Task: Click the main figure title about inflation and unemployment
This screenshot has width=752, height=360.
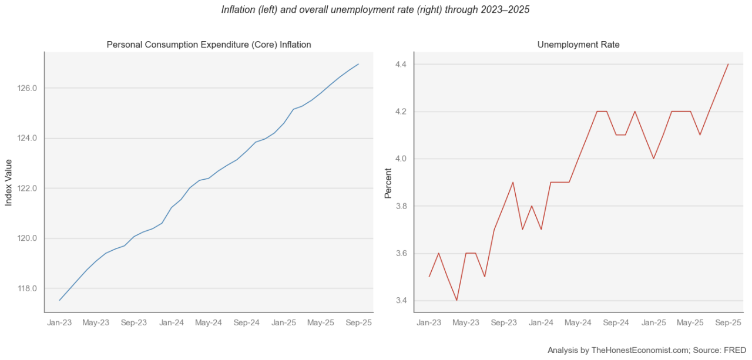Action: (375, 10)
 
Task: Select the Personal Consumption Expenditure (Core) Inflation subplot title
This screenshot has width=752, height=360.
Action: (209, 45)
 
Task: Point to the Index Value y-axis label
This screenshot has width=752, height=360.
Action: (9, 182)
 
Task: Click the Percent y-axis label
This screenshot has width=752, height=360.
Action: (388, 182)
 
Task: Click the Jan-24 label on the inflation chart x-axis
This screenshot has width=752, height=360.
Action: (171, 323)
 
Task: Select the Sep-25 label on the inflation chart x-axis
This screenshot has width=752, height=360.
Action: (358, 323)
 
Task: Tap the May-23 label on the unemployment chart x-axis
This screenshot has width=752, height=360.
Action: (466, 323)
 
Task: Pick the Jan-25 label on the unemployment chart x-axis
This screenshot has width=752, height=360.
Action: (653, 323)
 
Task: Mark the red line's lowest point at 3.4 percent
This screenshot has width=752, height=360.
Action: (456, 301)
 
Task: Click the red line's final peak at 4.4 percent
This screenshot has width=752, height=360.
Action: (728, 64)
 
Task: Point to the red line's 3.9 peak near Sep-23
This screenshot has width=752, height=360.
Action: (513, 182)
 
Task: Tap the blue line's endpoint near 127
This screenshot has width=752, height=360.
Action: (358, 64)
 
